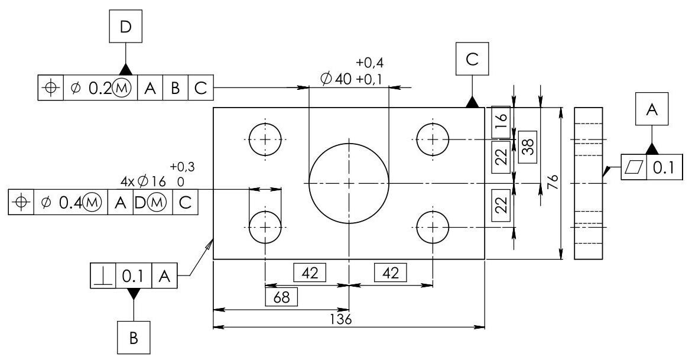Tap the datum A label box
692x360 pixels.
point(652,109)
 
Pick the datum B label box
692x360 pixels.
point(134,337)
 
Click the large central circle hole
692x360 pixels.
point(349,183)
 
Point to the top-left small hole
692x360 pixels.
point(265,140)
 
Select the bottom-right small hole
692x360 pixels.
point(433,227)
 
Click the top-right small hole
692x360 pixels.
point(433,140)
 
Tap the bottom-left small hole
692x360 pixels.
point(265,227)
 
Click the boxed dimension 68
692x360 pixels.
point(281,296)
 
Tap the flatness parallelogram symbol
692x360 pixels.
point(634,168)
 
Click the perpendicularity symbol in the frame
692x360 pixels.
point(103,277)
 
